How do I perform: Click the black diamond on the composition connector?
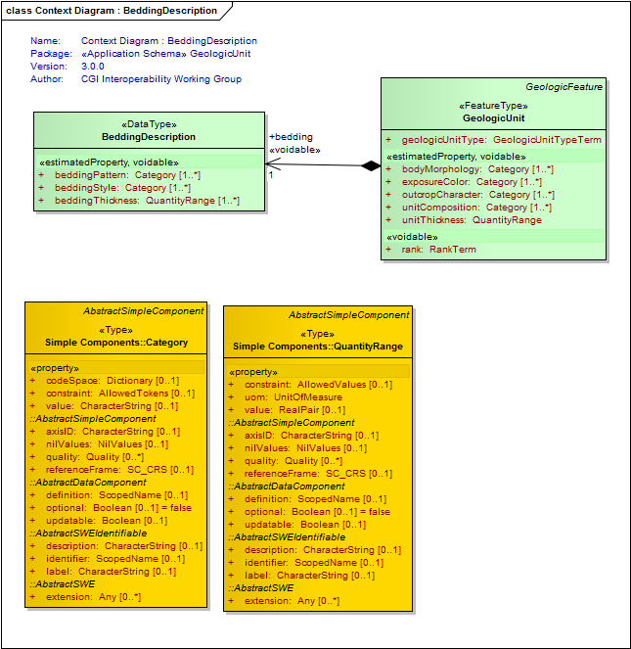pos(371,166)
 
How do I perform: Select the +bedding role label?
pos(291,137)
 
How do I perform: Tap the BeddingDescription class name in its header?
pos(149,137)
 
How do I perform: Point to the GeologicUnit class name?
pos(494,118)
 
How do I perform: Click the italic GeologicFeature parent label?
pos(563,87)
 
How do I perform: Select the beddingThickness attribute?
pos(147,201)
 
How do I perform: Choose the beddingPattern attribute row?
pos(127,175)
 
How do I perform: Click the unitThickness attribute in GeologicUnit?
pos(472,220)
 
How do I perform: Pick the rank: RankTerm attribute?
pos(438,250)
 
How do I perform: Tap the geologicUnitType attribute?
pos(502,140)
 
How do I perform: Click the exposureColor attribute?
pos(472,182)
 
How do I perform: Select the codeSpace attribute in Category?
pos(113,381)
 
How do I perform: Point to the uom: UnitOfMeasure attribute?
pos(293,397)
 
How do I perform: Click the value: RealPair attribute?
pos(294,410)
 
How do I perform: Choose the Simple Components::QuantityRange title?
pos(318,347)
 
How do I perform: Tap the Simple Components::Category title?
pos(116,343)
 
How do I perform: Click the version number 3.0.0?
pos(93,67)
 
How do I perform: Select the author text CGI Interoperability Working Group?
pos(161,79)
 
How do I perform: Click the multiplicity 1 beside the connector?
pos(271,175)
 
